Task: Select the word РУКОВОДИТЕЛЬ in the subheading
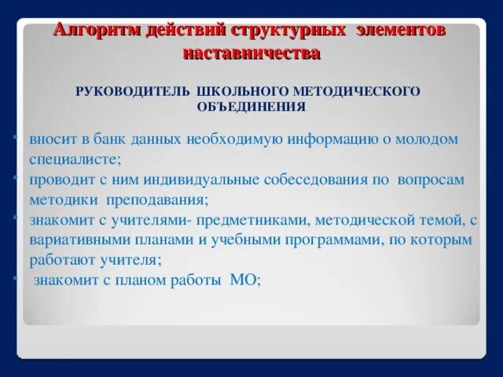pos(131,92)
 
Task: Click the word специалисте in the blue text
pos(75,159)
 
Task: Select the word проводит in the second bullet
pos(59,180)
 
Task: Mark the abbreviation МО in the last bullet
pos(244,280)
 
